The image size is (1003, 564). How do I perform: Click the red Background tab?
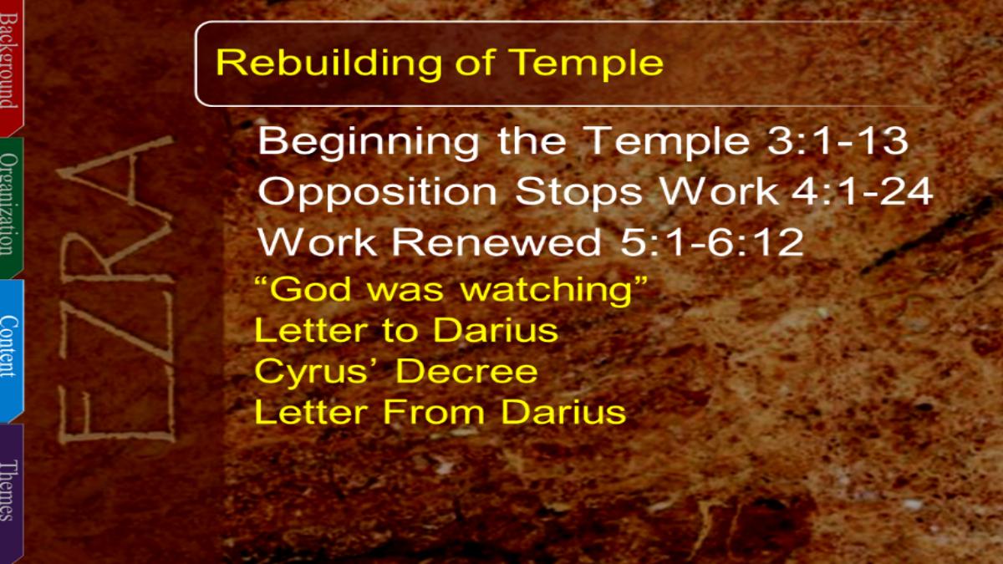pyautogui.click(x=11, y=67)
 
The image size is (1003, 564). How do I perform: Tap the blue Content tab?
pyautogui.click(x=11, y=350)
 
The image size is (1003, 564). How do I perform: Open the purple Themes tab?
pyautogui.click(x=11, y=492)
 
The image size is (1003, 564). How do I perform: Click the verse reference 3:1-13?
pyautogui.click(x=838, y=140)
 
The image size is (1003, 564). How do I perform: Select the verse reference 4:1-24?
pyautogui.click(x=862, y=191)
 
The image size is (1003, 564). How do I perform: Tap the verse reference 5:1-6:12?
pyautogui.click(x=711, y=241)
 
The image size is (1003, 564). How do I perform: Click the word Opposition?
pyautogui.click(x=377, y=192)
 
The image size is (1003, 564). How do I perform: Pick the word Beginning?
pyautogui.click(x=369, y=143)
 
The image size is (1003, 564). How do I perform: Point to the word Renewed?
pyautogui.click(x=496, y=241)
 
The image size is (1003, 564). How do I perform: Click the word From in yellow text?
pyautogui.click(x=433, y=412)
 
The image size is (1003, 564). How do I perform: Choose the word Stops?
pyautogui.click(x=578, y=192)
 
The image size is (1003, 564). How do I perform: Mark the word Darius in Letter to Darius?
pyautogui.click(x=496, y=330)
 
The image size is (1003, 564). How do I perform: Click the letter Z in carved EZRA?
pyautogui.click(x=116, y=327)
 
